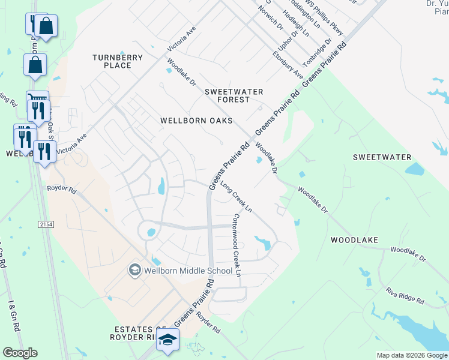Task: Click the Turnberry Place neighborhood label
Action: [x=118, y=61]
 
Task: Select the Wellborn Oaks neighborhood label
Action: [x=196, y=121]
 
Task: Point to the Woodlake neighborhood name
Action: [x=354, y=240]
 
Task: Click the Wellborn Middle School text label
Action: [x=187, y=271]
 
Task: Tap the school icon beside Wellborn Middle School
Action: [x=134, y=271]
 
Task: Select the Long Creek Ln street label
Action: [x=236, y=197]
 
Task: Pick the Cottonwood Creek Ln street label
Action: [x=237, y=245]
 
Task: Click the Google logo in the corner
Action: [x=20, y=353]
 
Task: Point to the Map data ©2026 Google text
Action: [x=412, y=355]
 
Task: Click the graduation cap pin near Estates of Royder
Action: [x=168, y=340]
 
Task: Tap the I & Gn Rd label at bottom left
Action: [x=13, y=316]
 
